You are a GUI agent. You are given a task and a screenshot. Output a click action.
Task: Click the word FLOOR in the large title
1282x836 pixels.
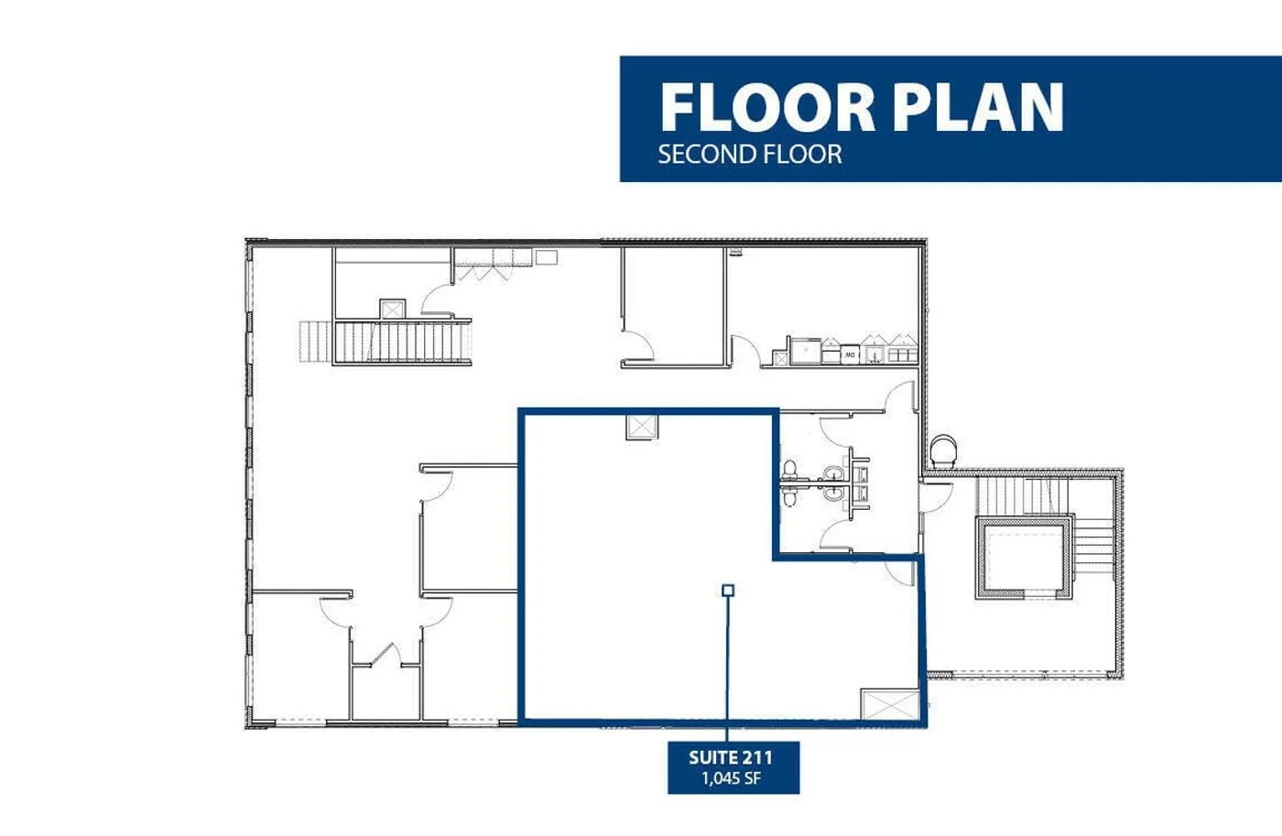coord(767,108)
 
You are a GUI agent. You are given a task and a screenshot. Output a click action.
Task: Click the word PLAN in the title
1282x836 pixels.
coord(977,108)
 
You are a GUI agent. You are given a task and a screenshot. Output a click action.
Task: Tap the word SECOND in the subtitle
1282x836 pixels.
coord(702,155)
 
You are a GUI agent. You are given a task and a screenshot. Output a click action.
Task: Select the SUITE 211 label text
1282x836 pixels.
coord(731,757)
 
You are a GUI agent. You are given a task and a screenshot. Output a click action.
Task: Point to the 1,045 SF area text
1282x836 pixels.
coord(731,779)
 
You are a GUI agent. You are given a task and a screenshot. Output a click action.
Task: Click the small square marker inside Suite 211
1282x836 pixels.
coord(728,591)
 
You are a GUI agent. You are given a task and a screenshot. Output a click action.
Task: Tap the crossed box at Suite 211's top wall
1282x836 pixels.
coord(642,427)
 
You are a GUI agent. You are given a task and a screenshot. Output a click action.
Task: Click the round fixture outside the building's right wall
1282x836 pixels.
coord(942,451)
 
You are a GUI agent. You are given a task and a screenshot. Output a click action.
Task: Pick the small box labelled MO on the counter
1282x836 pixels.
coord(850,354)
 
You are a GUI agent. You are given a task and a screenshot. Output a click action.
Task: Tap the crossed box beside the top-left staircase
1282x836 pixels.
coord(392,309)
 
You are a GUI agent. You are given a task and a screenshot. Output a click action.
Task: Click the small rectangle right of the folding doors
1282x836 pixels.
coord(547,257)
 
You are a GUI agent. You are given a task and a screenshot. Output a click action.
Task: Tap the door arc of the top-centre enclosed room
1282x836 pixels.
coord(638,345)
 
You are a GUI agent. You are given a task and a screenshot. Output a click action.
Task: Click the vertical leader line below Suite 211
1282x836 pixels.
coord(728,668)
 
